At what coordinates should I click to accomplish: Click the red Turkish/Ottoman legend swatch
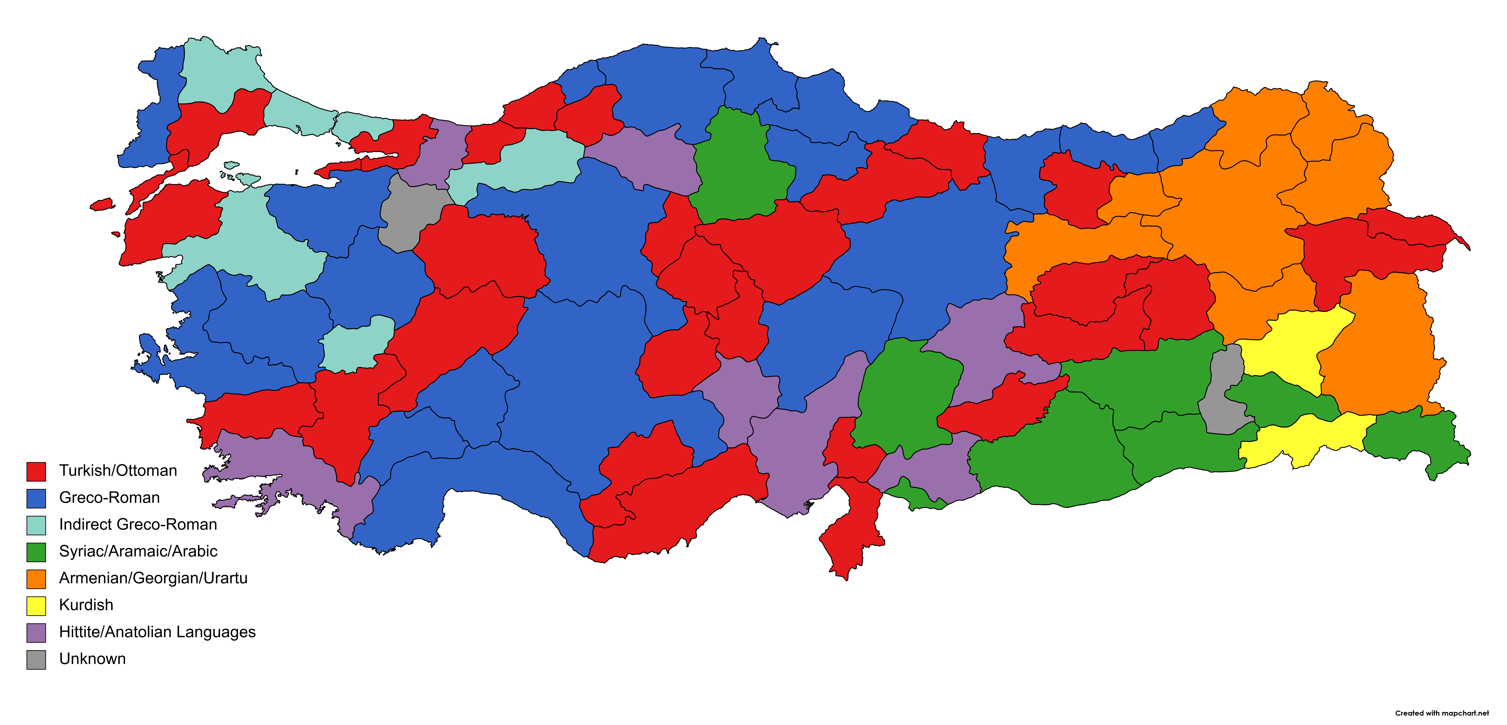tap(36, 471)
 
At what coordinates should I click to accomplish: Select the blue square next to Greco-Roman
tap(36, 498)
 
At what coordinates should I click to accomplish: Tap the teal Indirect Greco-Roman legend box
tap(36, 525)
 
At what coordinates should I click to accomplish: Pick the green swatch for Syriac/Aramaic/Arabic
tap(36, 552)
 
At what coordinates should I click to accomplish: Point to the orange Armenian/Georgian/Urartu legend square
tap(36, 579)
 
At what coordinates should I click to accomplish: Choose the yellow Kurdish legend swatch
tap(36, 606)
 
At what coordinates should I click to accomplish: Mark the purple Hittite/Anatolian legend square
tap(36, 633)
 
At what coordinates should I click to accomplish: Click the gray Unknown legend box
tap(36, 659)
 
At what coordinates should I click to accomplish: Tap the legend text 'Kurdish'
tap(86, 605)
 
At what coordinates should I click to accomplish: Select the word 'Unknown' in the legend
tap(92, 659)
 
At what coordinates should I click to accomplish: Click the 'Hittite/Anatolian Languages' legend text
tap(157, 632)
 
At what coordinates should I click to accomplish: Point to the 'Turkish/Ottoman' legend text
tap(118, 470)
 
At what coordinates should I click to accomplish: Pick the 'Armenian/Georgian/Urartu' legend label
tap(153, 578)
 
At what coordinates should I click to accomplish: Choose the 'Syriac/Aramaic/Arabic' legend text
tap(138, 551)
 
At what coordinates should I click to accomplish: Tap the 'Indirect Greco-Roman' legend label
tap(138, 524)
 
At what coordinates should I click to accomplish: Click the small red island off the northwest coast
tap(102, 204)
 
